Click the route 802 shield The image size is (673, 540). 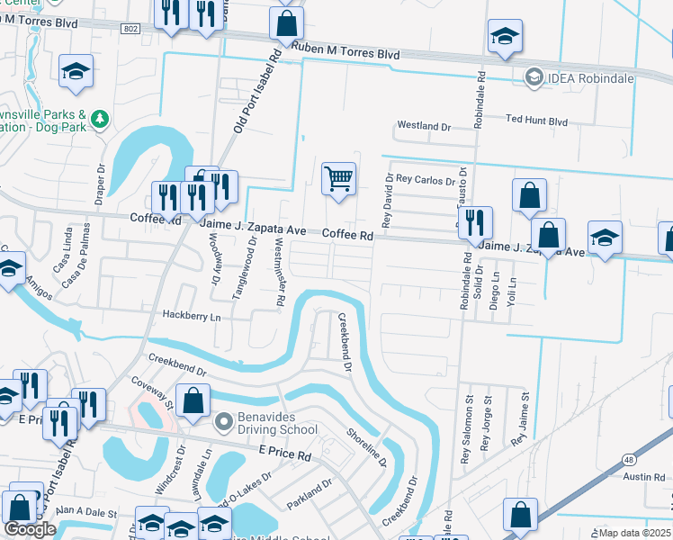[x=130, y=30]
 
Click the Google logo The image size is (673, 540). [x=30, y=529]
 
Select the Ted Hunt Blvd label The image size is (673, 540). [x=537, y=120]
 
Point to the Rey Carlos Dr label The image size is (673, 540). [x=425, y=180]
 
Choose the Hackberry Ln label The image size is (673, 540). [x=192, y=316]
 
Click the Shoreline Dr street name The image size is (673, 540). [x=366, y=446]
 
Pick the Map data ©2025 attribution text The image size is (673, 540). [x=635, y=533]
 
